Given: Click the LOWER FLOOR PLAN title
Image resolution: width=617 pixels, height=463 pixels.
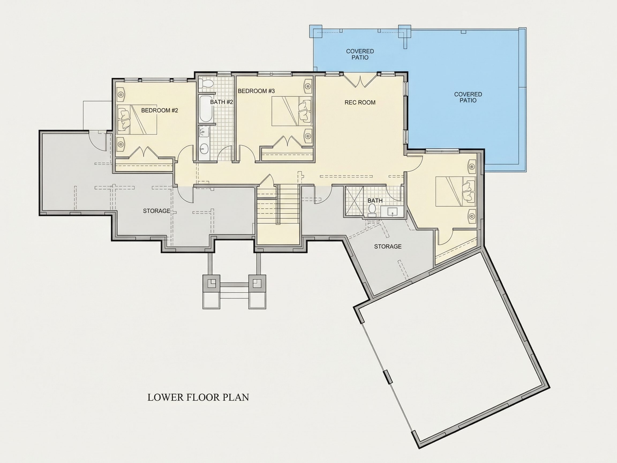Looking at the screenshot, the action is coord(198,397).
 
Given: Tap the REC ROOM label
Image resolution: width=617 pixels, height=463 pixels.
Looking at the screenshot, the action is coord(360,102).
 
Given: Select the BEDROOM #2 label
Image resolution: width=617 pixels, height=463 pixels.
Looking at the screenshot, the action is coord(160,110).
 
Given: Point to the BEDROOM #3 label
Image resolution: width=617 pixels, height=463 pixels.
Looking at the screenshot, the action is coord(256,91).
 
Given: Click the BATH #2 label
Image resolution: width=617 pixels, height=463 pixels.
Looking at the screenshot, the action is coord(221,102).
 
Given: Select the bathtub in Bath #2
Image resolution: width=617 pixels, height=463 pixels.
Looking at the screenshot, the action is coord(206,109).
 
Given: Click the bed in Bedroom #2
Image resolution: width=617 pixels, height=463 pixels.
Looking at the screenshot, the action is coord(136,120).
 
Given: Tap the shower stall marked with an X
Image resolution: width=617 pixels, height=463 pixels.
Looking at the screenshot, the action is coord(354,201).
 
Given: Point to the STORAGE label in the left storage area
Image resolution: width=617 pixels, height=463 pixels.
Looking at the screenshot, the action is coord(156,211).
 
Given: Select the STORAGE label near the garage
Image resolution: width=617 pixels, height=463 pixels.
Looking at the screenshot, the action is coord(388,247).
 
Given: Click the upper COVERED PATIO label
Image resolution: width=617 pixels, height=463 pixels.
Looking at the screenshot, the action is coord(360,54).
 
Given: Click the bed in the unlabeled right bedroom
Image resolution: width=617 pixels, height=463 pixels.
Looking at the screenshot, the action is coord(456,192).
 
